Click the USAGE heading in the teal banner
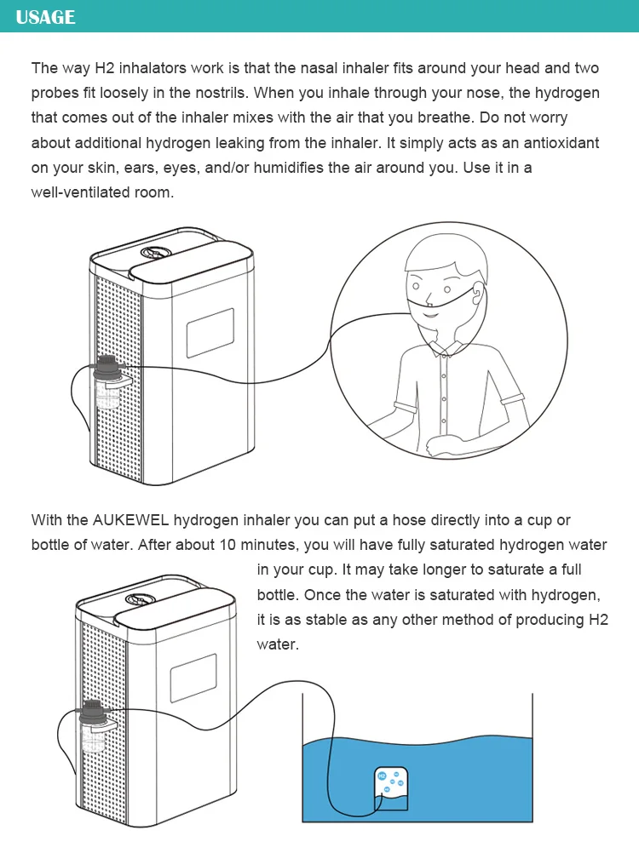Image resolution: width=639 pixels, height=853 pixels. pyautogui.click(x=46, y=17)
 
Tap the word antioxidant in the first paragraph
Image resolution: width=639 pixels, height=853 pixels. pyautogui.click(x=561, y=142)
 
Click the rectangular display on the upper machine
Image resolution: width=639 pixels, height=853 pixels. pyautogui.click(x=210, y=333)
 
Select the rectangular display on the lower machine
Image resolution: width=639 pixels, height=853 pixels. pyautogui.click(x=193, y=678)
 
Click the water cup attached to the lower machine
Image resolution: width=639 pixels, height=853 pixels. pyautogui.click(x=93, y=738)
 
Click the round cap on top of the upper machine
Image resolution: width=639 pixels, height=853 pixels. pyautogui.click(x=155, y=252)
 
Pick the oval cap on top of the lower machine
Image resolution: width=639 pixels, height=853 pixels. pyautogui.click(x=140, y=599)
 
